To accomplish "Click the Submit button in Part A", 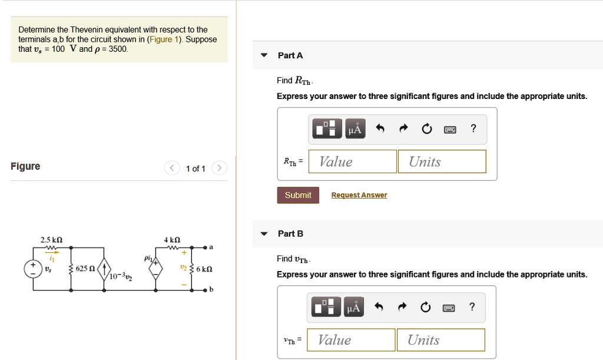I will pos(298,195).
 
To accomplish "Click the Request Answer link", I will pos(359,195).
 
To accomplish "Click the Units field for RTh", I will pos(442,161).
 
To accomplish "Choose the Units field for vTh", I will pos(440,340).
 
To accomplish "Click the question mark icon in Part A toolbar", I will pos(473,128).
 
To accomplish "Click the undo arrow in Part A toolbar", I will pos(380,128).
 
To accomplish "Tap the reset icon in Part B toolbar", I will pos(426,307).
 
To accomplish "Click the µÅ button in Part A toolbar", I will pos(354,128).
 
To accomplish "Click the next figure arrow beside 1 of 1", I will pos(218,169).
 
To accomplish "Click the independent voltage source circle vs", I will pos(32,269).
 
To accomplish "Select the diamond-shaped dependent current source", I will pos(156,269).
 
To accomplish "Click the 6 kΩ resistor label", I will pos(204,269).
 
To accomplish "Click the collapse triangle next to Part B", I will pos(264,234).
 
